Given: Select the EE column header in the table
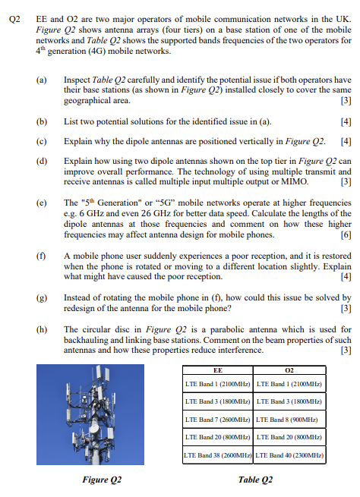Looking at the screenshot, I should pos(218,370).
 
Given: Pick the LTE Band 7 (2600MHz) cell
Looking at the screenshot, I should pos(218,419).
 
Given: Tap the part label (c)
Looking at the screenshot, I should pos(41,141).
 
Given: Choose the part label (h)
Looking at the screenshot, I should pos(41,329).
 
